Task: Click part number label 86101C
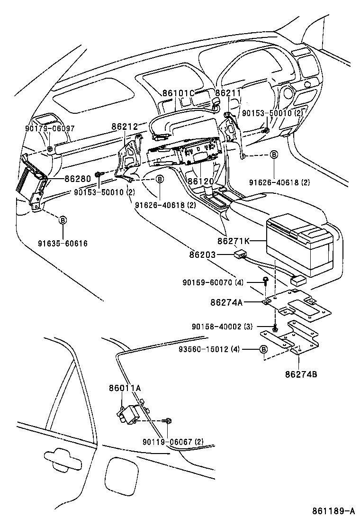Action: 179,93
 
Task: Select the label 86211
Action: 228,93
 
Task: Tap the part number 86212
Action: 125,127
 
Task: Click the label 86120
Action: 200,181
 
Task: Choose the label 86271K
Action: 234,241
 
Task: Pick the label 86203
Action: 203,255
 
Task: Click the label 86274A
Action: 225,302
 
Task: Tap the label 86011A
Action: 126,388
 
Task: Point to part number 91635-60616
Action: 63,243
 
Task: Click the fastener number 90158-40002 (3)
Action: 222,327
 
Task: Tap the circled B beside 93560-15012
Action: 264,350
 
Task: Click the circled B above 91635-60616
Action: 63,219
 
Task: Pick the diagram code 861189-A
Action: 333,511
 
